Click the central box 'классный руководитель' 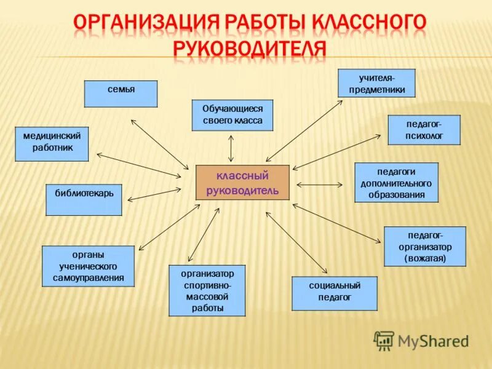tap(242, 182)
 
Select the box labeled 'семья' tap(121, 94)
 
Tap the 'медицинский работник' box tap(52, 144)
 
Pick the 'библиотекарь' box tap(84, 199)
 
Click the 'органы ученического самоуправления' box tap(88, 266)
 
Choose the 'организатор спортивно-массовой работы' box tap(207, 290)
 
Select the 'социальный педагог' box tap(334, 293)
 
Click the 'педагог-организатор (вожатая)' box tap(425, 247)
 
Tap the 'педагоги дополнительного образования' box tap(396, 182)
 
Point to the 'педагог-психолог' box tap(424, 130)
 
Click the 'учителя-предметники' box tap(377, 83)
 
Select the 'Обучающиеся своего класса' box tap(232, 114)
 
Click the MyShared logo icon tap(384, 340)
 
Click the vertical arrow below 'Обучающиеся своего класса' tap(231, 148)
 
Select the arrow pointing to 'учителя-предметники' tap(304, 131)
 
